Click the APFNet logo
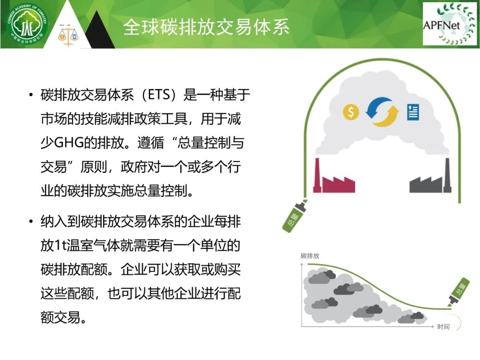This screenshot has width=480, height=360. coord(449,24)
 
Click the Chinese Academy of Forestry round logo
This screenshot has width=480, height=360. coord(28,24)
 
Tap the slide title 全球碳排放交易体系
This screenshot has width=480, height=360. coord(206,27)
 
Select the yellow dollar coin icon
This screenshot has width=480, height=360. coord(351,112)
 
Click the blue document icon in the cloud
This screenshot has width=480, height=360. coord(413,112)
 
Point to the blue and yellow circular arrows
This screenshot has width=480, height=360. coord(382,112)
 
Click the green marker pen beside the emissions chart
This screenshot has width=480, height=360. coord(459,292)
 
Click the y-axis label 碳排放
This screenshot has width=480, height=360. coord(310,256)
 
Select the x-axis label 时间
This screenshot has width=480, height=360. coord(443,327)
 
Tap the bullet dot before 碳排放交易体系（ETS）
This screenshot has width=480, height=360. coord(31,95)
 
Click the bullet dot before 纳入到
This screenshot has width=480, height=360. coord(31,221)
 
